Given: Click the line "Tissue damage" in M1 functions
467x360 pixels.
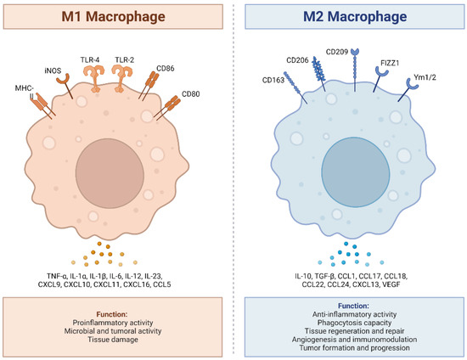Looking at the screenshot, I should [x=115, y=331].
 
